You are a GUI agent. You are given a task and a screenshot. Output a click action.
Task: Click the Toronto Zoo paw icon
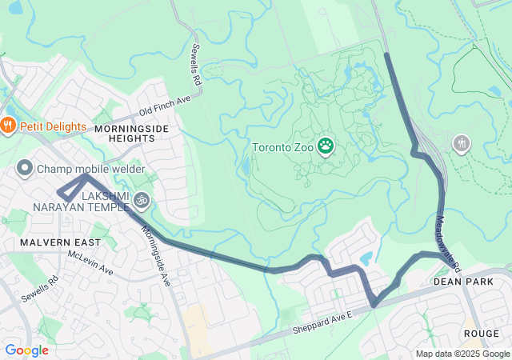(326, 146)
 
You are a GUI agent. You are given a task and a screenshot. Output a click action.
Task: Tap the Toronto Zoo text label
(283, 147)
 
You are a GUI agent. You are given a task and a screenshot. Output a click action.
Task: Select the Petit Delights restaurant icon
(8, 124)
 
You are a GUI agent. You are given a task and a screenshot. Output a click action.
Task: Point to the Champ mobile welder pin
(24, 169)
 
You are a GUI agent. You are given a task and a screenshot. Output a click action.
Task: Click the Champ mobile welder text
(90, 169)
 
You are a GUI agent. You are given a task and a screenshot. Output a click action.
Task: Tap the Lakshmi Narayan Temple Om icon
(142, 198)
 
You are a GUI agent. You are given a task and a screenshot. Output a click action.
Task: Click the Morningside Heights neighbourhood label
(124, 133)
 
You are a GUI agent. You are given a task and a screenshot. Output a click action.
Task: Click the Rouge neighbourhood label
(481, 333)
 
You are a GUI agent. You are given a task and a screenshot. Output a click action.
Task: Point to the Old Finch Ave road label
(165, 105)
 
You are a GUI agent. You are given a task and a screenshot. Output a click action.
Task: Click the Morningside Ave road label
(156, 255)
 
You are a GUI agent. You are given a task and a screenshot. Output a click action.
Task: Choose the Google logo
(26, 350)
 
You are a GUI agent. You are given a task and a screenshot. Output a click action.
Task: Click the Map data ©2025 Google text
(462, 354)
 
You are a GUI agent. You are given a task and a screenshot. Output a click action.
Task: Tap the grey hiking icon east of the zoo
(461, 144)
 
